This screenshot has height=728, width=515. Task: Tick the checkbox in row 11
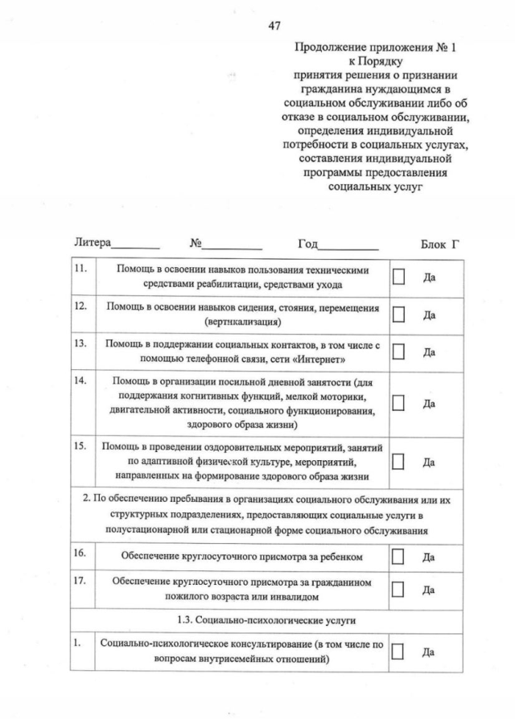398,276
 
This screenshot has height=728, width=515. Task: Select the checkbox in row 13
398,352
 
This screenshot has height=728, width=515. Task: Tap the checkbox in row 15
398,462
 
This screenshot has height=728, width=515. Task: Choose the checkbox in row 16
398,556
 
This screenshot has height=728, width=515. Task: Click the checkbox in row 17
398,590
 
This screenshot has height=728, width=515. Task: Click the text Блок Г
439,243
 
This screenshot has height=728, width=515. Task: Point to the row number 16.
80,553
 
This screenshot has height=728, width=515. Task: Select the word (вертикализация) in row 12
243,322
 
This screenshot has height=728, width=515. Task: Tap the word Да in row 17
429,590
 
